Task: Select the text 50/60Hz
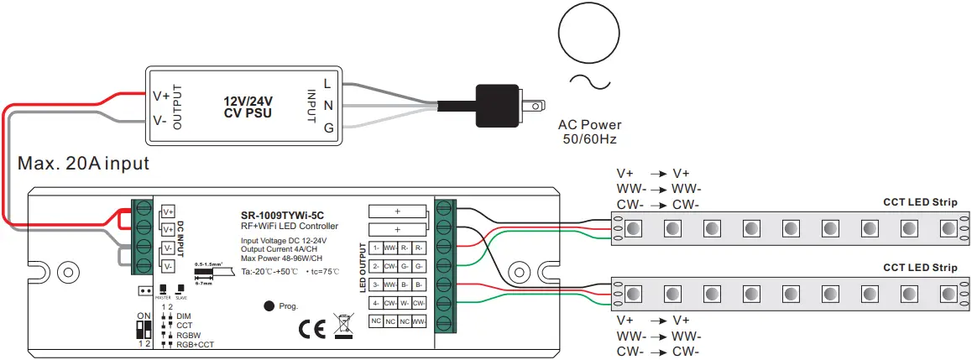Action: (590, 139)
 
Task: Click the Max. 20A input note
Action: (83, 164)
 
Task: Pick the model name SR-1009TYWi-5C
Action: (288, 214)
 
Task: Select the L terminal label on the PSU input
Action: (327, 82)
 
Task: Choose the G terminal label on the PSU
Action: (327, 127)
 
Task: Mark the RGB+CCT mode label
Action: (195, 344)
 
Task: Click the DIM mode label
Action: (184, 316)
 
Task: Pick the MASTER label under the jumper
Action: (163, 296)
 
